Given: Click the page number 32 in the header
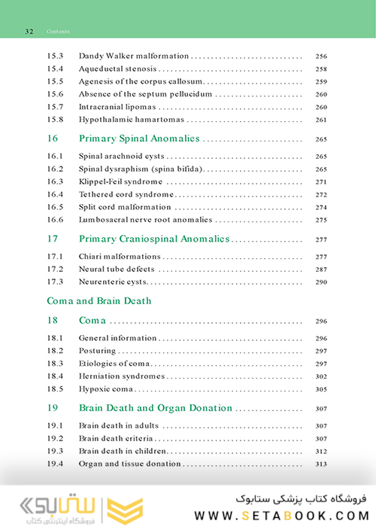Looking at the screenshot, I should pos(29,32).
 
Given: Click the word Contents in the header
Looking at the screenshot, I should pos(58,32).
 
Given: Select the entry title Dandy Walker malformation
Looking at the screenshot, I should pos(133,56).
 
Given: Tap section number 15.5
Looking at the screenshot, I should pos(55,81).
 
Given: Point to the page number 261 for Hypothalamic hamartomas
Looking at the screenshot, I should pos(321,120).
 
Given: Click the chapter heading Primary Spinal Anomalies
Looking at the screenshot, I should pos(139,139).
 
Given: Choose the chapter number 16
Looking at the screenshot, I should pos(53,139).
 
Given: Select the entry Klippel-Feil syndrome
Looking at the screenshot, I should pos(120,181).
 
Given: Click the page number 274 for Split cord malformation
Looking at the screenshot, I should pos(321,207).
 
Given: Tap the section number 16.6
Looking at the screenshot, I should pos(55,220).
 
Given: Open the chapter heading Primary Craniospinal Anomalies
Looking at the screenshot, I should pos(154,239).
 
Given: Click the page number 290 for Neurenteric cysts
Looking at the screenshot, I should pos(321,282).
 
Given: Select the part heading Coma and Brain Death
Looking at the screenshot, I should pos(99,301).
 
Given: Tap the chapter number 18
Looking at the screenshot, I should pos(53,321).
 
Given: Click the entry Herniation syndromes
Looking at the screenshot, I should pos(121,376).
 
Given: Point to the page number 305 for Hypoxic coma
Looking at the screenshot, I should pos(321,389).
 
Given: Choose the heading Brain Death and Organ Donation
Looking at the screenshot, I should pos(156,408).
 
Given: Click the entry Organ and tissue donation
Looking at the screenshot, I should pos(129,464).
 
